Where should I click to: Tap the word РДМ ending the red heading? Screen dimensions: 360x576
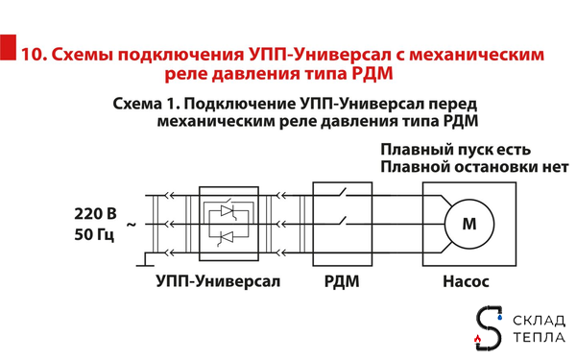coord(369,73)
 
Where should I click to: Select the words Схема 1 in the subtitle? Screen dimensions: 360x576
coord(145,103)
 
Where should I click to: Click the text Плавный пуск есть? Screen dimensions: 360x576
coord(454,149)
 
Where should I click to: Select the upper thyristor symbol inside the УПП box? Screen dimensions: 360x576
coord(228,209)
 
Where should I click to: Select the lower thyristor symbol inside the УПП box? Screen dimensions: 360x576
coord(228,237)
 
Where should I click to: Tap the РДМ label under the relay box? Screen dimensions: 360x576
coord(338,282)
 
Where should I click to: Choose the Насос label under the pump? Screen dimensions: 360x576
coord(466,282)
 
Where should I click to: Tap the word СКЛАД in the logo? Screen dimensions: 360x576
coord(540,320)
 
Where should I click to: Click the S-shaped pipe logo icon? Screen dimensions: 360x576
coord(491,327)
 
